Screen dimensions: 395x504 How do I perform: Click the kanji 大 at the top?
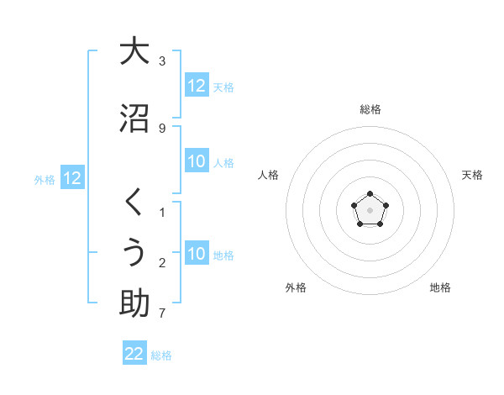134,51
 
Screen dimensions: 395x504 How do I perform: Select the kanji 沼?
134,118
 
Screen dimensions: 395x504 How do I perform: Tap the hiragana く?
134,203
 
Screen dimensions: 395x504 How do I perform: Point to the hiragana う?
134,253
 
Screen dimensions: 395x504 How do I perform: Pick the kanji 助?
134,303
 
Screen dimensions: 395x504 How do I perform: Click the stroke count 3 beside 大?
162,61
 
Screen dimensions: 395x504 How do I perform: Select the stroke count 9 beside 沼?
162,128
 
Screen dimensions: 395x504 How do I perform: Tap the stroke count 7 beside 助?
162,314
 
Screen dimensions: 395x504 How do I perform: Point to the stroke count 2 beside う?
162,263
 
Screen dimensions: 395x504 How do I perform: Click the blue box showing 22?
134,354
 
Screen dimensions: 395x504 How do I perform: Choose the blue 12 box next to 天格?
197,86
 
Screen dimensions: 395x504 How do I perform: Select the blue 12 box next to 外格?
71,178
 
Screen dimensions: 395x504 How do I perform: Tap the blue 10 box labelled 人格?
197,161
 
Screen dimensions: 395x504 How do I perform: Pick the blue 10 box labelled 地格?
197,254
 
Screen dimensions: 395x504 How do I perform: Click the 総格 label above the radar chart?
370,109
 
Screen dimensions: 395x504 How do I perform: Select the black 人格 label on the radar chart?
269,175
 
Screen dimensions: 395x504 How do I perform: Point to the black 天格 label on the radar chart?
472,175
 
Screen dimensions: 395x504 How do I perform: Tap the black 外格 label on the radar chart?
296,287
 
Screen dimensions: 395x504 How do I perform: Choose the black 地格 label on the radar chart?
440,287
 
